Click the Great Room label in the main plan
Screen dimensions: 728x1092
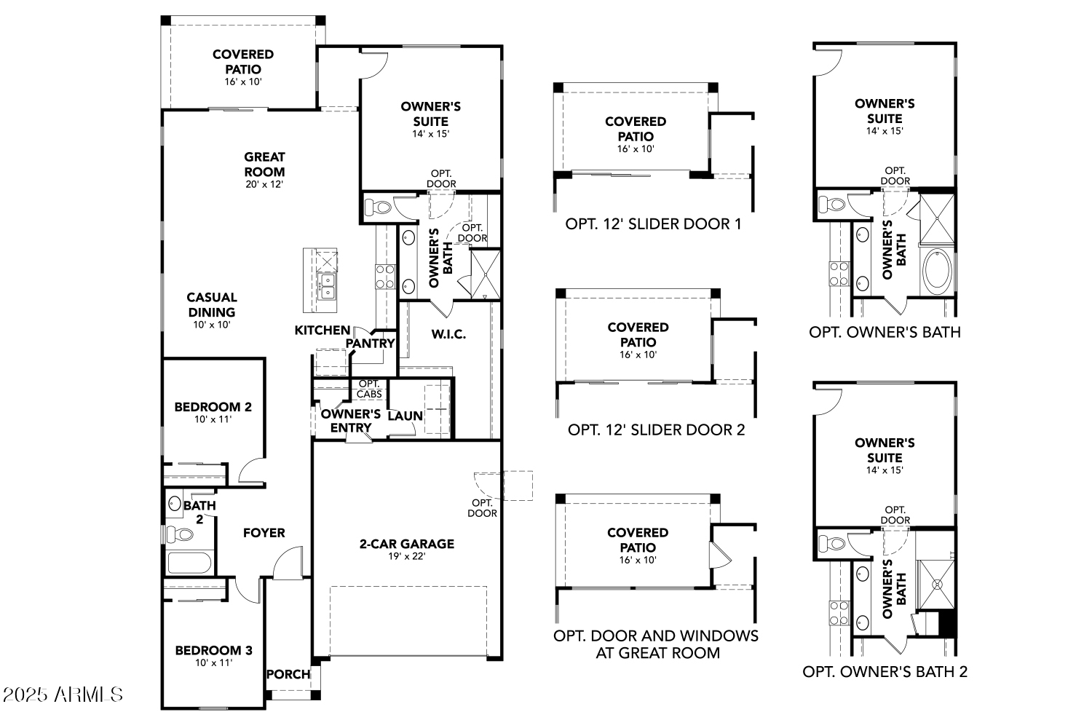pyautogui.click(x=264, y=164)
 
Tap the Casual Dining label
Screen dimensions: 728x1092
pyautogui.click(x=211, y=304)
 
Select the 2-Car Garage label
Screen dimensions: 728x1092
pyautogui.click(x=407, y=543)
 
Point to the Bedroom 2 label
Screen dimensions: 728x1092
pyautogui.click(x=213, y=407)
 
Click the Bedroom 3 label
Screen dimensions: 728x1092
pyautogui.click(x=213, y=650)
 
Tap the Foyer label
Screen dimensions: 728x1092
pyautogui.click(x=264, y=533)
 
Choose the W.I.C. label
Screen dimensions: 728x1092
pyautogui.click(x=448, y=334)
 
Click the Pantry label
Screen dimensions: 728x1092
pyautogui.click(x=370, y=343)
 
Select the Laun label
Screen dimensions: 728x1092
pyautogui.click(x=405, y=416)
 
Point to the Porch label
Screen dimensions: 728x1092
pyautogui.click(x=288, y=674)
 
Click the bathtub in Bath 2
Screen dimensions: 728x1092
pyautogui.click(x=189, y=563)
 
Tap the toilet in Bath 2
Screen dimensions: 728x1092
pyautogui.click(x=180, y=535)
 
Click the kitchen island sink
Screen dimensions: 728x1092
pyautogui.click(x=327, y=286)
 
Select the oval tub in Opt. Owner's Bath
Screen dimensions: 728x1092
pyautogui.click(x=937, y=271)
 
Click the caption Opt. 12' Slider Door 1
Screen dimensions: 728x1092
pyautogui.click(x=653, y=223)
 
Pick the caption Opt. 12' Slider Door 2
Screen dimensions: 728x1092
pyautogui.click(x=656, y=430)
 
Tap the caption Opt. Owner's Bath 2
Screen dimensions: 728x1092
pyautogui.click(x=885, y=671)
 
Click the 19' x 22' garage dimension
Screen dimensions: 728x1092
pyautogui.click(x=407, y=556)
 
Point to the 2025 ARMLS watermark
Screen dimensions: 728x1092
pyautogui.click(x=63, y=695)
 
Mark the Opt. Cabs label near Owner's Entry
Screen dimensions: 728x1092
pyautogui.click(x=370, y=389)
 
